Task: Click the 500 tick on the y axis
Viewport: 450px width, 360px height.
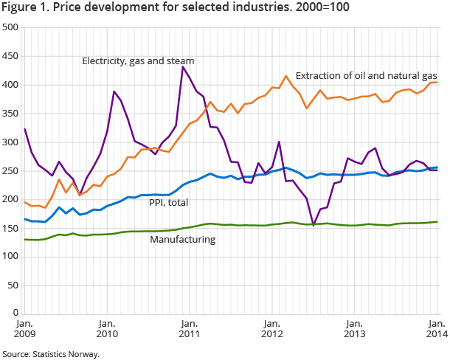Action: [10, 28]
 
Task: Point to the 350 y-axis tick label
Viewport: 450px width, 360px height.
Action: [10, 114]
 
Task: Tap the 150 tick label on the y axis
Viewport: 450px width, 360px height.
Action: [10, 228]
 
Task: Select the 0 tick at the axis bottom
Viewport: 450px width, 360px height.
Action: [15, 313]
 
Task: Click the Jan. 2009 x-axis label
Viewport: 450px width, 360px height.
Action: [24, 329]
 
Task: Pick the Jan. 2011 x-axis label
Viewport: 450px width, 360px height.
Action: [189, 329]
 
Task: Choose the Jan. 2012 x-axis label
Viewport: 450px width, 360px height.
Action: [271, 329]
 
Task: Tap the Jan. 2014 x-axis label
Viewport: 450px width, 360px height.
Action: [436, 329]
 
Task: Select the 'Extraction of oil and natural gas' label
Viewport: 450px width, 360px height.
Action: [366, 76]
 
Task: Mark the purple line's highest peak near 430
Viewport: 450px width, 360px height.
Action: [182, 67]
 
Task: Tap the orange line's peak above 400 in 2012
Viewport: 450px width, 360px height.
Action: [285, 76]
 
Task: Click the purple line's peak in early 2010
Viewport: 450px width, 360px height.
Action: [114, 91]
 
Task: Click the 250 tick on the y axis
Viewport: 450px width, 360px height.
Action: [10, 170]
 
